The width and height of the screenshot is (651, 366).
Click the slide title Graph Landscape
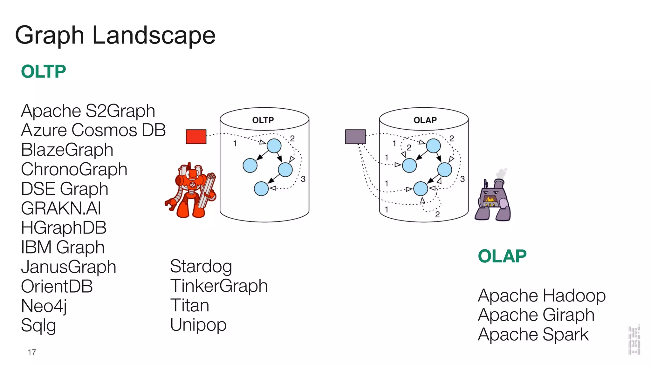(115, 36)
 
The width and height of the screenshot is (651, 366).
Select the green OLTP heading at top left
(44, 71)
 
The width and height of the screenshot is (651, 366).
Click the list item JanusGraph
(68, 267)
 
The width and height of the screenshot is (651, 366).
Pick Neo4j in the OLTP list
(44, 306)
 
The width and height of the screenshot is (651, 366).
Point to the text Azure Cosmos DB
(93, 130)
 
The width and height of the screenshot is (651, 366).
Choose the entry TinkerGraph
(219, 286)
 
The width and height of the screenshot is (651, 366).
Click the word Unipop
(198, 325)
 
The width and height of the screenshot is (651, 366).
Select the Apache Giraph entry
(536, 315)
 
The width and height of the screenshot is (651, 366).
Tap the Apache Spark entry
(533, 335)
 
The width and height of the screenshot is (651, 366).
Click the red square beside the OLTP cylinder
(196, 137)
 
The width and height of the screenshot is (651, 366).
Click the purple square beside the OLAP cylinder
(355, 137)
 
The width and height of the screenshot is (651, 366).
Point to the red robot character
(191, 191)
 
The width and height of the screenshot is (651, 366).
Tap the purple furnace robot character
(493, 200)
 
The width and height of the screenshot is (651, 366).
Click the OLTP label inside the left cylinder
(263, 120)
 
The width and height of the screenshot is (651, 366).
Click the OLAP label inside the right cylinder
(425, 120)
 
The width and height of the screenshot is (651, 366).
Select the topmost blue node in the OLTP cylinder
(274, 146)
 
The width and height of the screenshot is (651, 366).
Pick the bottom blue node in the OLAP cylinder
(421, 189)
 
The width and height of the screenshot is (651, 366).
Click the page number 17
(32, 352)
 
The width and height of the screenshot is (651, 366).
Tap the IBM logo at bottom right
(634, 340)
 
